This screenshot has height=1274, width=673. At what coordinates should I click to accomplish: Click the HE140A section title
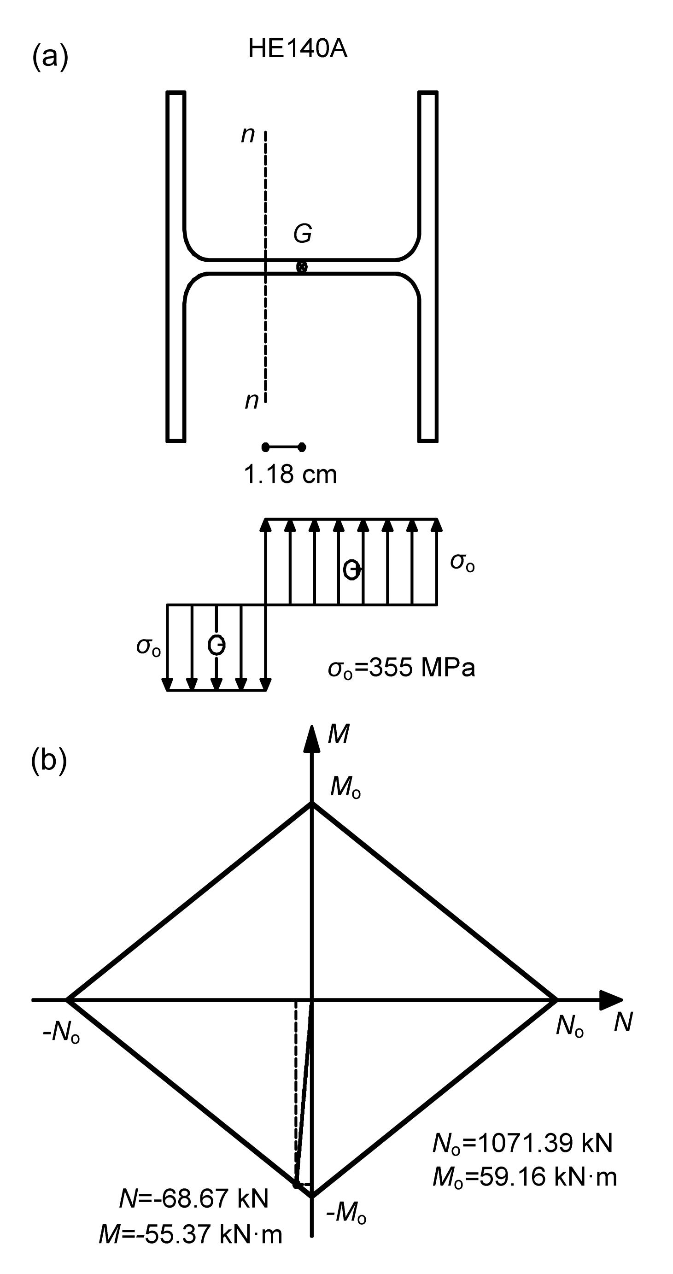tap(298, 49)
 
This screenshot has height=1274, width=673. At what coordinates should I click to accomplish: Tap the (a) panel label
tap(50, 56)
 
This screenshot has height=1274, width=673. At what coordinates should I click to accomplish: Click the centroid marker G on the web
tap(301, 267)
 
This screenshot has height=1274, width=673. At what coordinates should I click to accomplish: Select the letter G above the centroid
tap(303, 234)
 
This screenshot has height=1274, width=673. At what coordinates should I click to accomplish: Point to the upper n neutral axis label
tap(248, 135)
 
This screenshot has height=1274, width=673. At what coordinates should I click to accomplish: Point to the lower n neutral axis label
tap(252, 400)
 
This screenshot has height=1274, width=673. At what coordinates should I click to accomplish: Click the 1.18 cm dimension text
tap(290, 475)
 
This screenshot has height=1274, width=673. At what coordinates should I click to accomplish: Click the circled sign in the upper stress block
tap(351, 570)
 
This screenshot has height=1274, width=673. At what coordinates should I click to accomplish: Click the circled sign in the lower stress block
tap(217, 645)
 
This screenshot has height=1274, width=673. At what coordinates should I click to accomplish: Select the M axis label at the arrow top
tap(339, 734)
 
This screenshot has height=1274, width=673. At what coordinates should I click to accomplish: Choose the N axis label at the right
tap(623, 1022)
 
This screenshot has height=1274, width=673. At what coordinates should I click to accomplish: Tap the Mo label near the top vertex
tap(345, 787)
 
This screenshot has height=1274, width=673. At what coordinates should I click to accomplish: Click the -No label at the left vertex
tap(61, 1032)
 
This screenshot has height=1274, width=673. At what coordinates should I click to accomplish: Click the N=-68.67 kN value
tap(194, 1198)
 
